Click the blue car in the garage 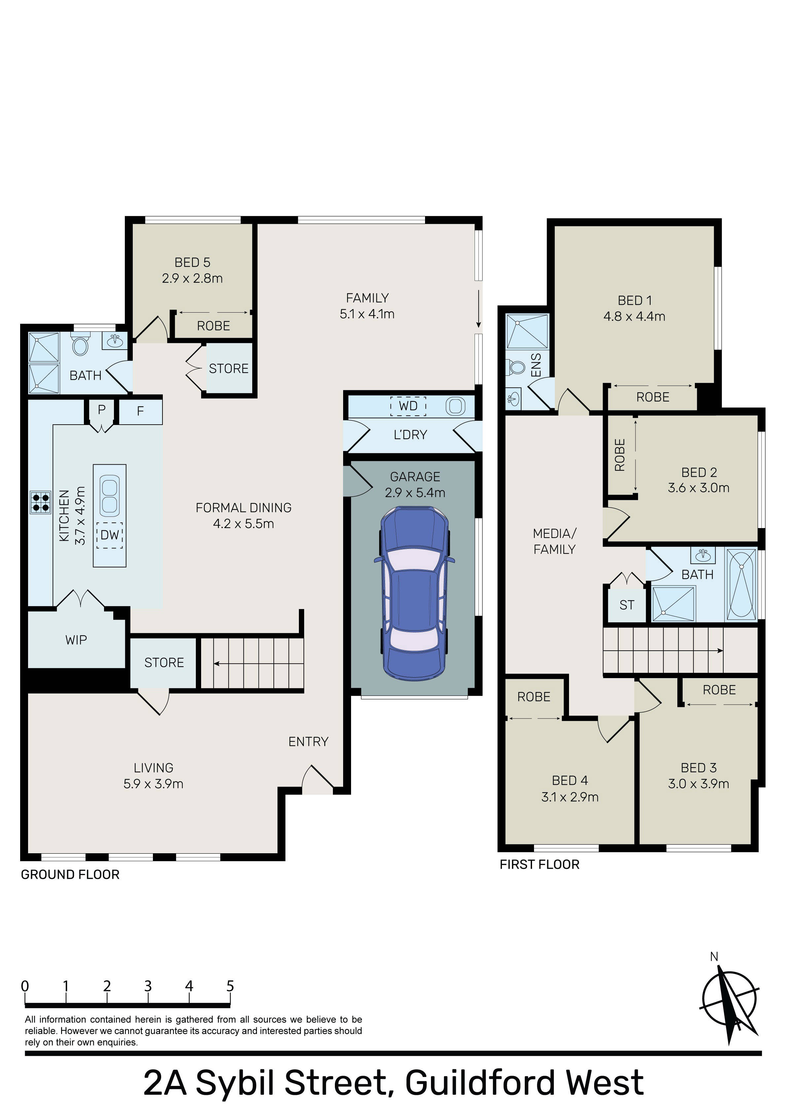tap(414, 593)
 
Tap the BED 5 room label tap(193, 262)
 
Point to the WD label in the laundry tap(408, 406)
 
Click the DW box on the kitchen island tap(110, 535)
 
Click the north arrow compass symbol tap(729, 1003)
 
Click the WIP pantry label tap(76, 640)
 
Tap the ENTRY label tap(308, 742)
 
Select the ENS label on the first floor tap(536, 365)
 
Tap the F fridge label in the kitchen tap(141, 411)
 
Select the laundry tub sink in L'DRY tap(455, 406)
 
